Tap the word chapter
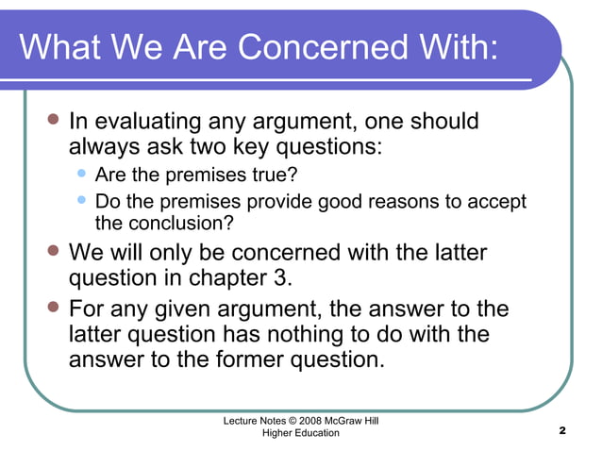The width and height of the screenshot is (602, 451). pos(221,279)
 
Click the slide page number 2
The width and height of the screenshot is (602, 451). pos(561,431)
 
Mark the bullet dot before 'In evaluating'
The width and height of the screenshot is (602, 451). pos(53,121)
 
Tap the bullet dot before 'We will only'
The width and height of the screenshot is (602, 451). pos(53,252)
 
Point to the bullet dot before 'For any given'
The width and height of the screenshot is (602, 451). pos(53,309)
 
